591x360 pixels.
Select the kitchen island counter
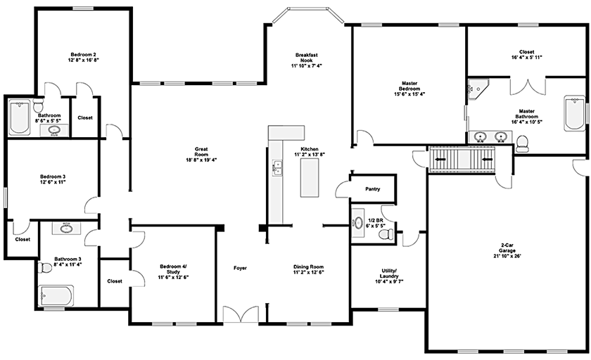click(309, 178)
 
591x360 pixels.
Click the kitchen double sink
click(277, 167)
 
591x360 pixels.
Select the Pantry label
click(373, 189)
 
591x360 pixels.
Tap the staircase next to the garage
click(462, 160)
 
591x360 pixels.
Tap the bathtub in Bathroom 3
click(56, 297)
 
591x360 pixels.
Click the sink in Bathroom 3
click(68, 227)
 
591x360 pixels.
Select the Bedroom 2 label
click(83, 57)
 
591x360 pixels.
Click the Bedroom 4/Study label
click(174, 271)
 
